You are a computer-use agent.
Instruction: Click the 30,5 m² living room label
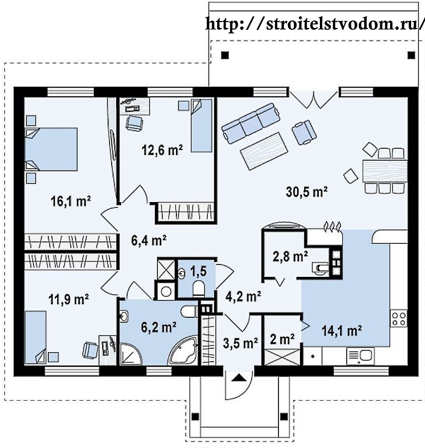(x=306, y=192)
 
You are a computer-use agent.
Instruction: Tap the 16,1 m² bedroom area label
(x=71, y=201)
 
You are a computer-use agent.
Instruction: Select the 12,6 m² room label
(x=162, y=150)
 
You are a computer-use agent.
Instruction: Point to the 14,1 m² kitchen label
(x=342, y=331)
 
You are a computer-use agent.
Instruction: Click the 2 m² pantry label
(x=283, y=339)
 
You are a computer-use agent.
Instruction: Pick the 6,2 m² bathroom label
(x=159, y=327)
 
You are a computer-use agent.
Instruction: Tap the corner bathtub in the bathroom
(x=183, y=350)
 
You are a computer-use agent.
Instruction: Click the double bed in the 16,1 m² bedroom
(x=51, y=149)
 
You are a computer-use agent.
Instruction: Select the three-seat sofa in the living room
(x=251, y=123)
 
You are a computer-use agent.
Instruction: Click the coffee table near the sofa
(x=264, y=152)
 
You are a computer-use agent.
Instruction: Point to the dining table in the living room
(x=385, y=171)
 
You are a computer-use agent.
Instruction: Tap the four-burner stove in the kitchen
(x=399, y=319)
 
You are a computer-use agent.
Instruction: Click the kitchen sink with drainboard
(x=360, y=356)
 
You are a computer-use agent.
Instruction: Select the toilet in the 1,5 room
(x=199, y=288)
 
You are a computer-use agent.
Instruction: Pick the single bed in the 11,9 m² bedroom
(x=36, y=337)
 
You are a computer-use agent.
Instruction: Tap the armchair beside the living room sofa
(x=304, y=132)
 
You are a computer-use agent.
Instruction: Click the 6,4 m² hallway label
(x=149, y=240)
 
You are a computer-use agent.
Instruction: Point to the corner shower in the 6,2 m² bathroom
(x=131, y=354)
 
